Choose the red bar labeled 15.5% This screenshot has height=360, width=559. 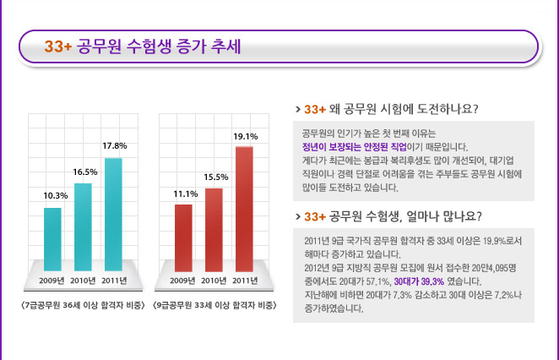214,226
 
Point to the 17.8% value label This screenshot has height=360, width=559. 113,145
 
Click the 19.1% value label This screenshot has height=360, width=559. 245,135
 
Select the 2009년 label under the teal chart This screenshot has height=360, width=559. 52,281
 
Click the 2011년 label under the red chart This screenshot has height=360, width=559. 245,281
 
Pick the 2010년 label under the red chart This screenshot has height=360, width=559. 214,281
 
